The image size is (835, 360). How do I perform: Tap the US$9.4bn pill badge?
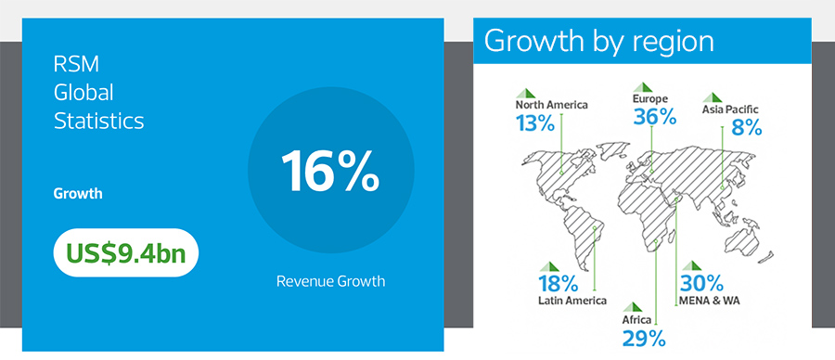pos(126,252)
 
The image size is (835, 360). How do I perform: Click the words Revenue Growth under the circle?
pos(330,280)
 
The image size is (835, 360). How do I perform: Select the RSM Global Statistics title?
pos(99,93)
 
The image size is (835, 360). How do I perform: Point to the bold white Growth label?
pos(78,195)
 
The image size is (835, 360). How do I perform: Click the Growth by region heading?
pos(599,42)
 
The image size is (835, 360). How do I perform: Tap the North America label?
pos(552,105)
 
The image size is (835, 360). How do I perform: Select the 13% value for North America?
pos(535,122)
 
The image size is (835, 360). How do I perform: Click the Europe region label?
pos(650,98)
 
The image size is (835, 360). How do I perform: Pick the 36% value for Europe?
pos(653,117)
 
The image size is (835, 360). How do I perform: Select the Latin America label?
pos(572,301)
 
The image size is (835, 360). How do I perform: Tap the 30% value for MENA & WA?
pos(703,283)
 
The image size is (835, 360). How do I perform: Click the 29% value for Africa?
pos(644,338)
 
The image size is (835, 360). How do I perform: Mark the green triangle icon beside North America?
pos(523,92)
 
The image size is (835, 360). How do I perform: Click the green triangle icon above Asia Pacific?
pos(713,96)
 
